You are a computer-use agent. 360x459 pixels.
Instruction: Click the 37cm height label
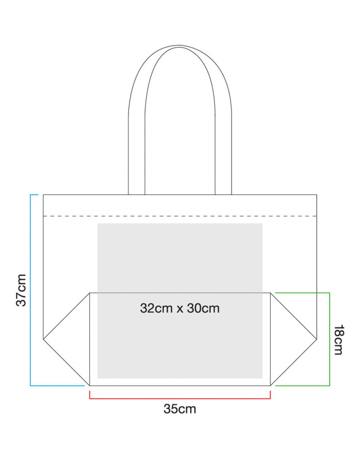21,290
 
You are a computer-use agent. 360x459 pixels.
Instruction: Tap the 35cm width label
180,409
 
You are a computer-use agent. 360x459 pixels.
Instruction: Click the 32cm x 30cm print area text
180,308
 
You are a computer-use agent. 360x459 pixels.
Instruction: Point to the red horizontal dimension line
180,398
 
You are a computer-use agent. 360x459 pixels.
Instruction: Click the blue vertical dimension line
30,290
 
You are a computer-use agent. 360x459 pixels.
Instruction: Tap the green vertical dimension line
330,339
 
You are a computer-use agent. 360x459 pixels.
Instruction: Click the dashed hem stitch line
180,216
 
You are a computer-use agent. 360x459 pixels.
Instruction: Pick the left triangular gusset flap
66,339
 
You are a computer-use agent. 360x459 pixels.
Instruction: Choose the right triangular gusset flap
294,339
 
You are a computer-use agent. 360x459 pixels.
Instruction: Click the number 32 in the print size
147,308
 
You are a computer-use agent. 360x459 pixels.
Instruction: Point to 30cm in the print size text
204,308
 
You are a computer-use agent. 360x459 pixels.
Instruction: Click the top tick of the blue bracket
34,195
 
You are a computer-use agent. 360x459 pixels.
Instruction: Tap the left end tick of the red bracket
89,395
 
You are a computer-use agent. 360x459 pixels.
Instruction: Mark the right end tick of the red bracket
270,395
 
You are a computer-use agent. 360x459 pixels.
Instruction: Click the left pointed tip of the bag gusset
44,339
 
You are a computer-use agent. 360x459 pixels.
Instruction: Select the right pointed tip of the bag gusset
316,339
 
